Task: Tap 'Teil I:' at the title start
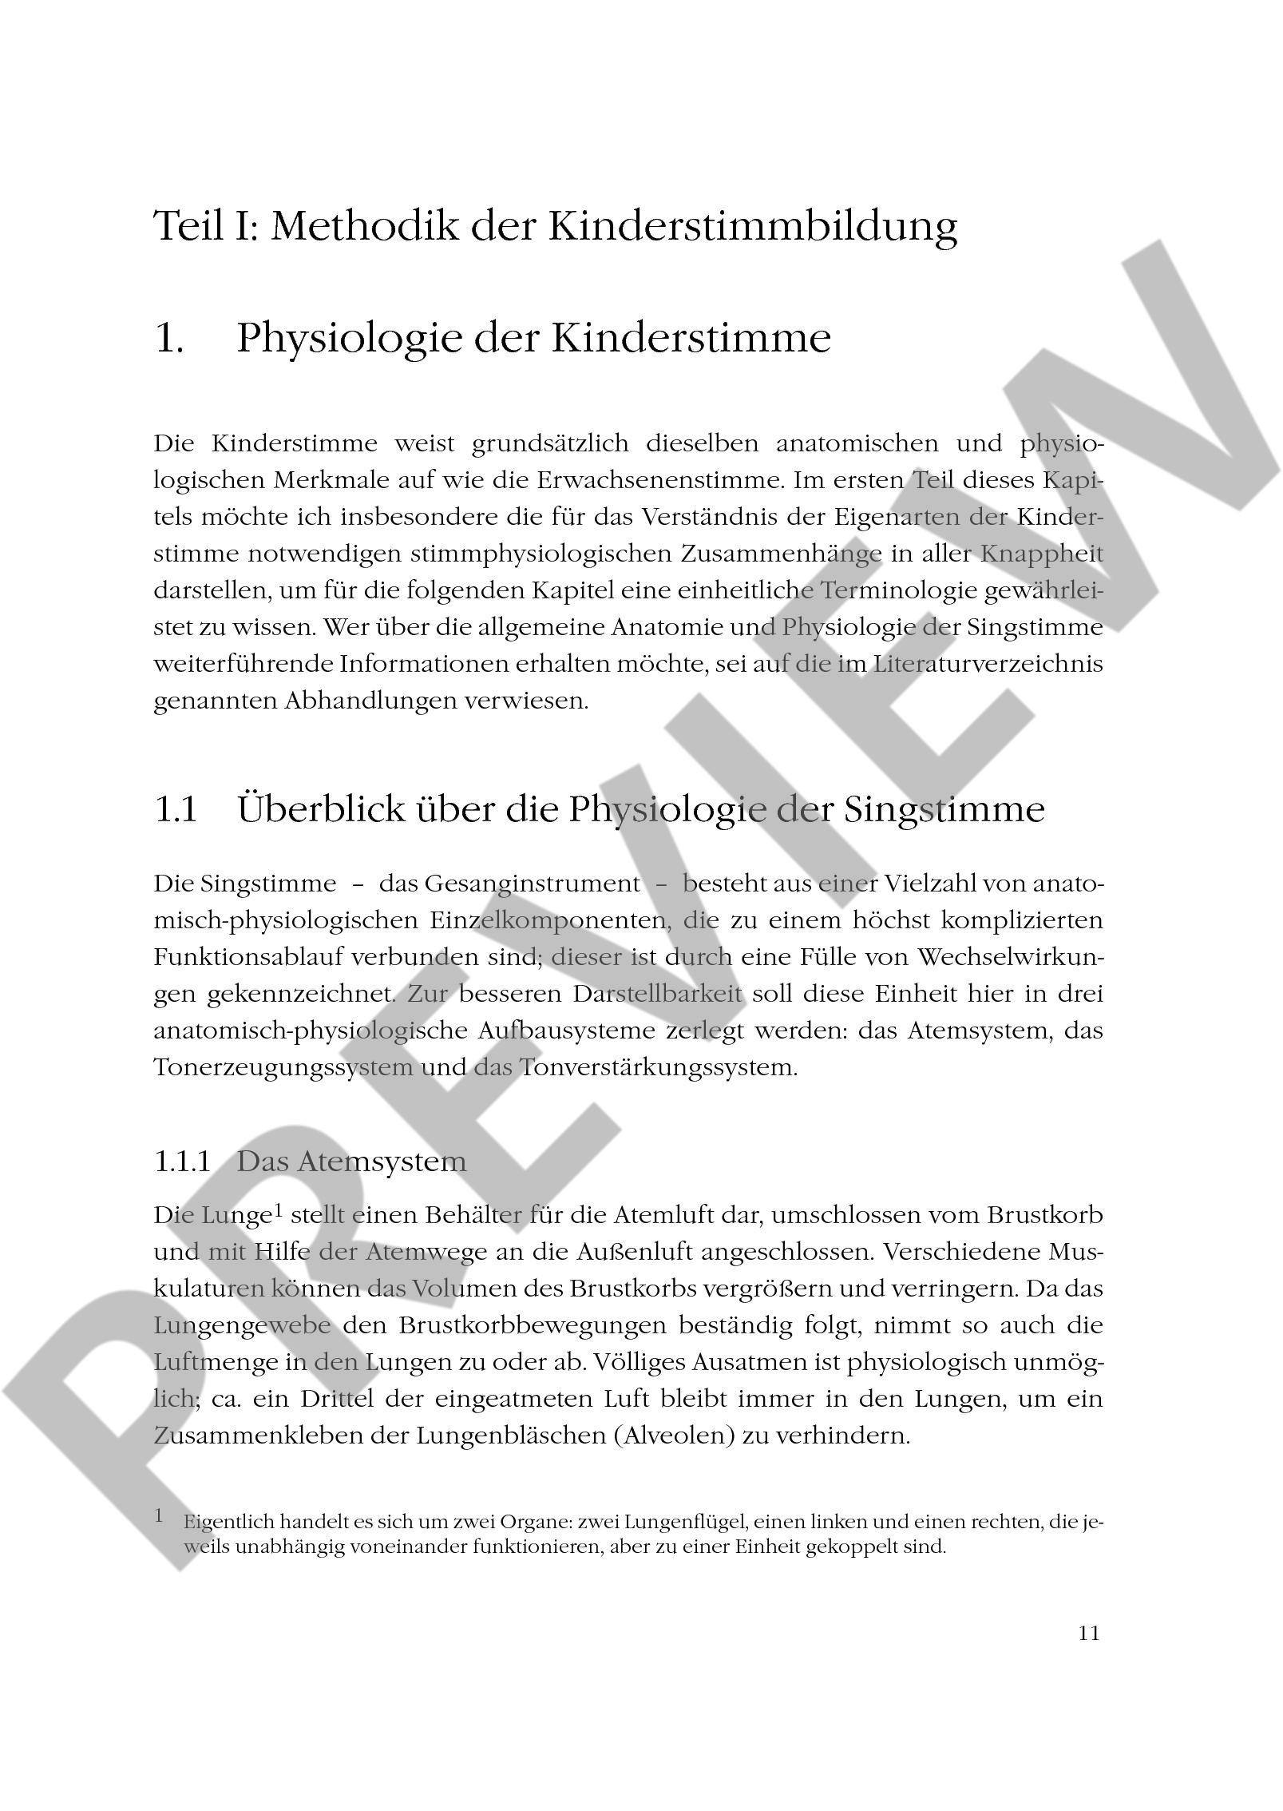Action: pyautogui.click(x=206, y=225)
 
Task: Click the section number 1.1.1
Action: pyautogui.click(x=182, y=1161)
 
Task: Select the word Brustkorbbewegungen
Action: pyautogui.click(x=533, y=1325)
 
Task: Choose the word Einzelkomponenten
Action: pyautogui.click(x=544, y=920)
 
